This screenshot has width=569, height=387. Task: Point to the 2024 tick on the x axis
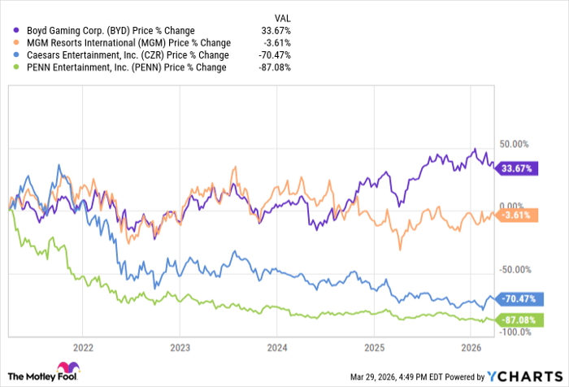(276, 346)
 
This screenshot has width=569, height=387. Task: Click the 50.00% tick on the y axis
(515, 144)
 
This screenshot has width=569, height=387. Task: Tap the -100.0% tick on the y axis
(515, 332)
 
